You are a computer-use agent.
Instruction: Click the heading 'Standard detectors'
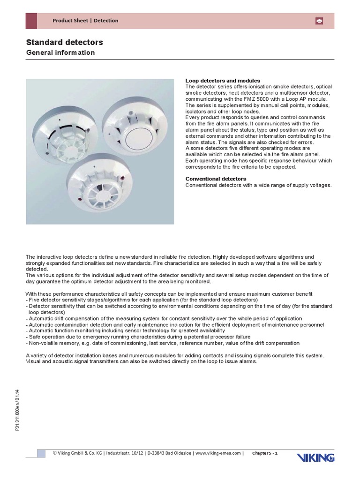coord(64,43)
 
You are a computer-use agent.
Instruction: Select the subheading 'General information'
coord(60,52)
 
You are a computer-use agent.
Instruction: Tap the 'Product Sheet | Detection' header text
coord(85,21)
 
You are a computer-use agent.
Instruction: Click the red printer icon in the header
coord(319,21)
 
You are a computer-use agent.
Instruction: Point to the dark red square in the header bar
coord(31,21)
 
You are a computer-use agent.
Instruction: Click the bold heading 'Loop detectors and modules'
coord(223,81)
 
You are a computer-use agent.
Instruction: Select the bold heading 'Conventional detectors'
coord(216,179)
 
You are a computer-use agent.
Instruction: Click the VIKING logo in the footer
coord(315,457)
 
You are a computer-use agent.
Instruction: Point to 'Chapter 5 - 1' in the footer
coord(265,453)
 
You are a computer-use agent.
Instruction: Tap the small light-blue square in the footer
coord(42,453)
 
